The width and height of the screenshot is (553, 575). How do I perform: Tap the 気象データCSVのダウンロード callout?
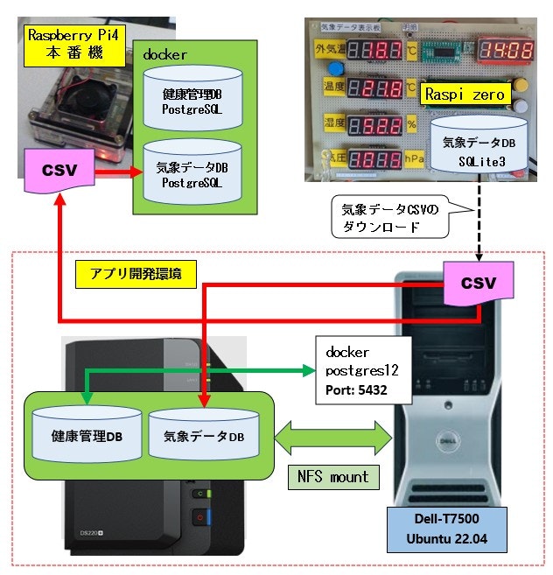pyautogui.click(x=390, y=216)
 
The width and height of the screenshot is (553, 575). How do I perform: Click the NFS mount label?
pyautogui.click(x=332, y=478)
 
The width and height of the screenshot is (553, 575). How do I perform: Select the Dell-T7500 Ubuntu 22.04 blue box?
pyautogui.click(x=446, y=528)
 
